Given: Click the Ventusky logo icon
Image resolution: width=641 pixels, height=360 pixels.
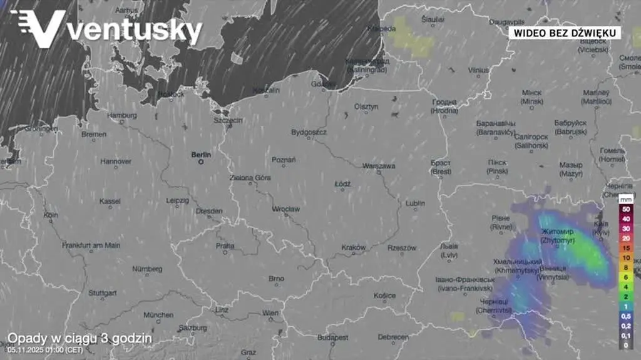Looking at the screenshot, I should click(x=39, y=28).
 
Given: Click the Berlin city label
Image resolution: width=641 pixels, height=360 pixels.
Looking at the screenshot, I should click(x=202, y=155).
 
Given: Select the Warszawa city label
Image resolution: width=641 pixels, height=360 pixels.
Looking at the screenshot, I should click(x=379, y=166).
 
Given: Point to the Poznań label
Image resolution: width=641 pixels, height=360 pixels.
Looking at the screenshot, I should click(x=284, y=160).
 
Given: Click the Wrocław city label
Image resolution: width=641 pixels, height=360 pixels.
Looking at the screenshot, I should click(x=285, y=209).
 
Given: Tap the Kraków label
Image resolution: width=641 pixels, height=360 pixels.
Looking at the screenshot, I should click(x=354, y=248).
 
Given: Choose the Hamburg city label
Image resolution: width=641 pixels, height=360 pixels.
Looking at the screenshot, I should click(x=121, y=115).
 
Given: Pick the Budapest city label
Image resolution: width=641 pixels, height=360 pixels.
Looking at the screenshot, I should click(x=332, y=337).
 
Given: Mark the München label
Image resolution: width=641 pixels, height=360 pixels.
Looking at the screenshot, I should click(x=158, y=315).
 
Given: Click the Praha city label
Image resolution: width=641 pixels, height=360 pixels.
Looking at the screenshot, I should click(x=225, y=246).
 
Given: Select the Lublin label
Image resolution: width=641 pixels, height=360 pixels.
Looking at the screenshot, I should click(x=415, y=203).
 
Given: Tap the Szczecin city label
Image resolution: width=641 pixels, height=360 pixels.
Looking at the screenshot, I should click(x=228, y=120).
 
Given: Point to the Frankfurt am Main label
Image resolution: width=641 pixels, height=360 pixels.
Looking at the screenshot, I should click(x=91, y=245).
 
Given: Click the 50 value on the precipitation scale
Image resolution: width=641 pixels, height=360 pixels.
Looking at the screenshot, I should click(x=625, y=208).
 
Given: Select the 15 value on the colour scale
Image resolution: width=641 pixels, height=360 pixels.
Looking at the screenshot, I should click(x=625, y=248).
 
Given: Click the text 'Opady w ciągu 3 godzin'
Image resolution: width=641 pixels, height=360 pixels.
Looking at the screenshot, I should click(x=79, y=338).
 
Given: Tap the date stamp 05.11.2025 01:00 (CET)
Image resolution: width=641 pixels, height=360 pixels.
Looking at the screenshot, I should click(x=44, y=349).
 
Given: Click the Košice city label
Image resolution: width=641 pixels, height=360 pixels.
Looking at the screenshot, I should click(x=384, y=296).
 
